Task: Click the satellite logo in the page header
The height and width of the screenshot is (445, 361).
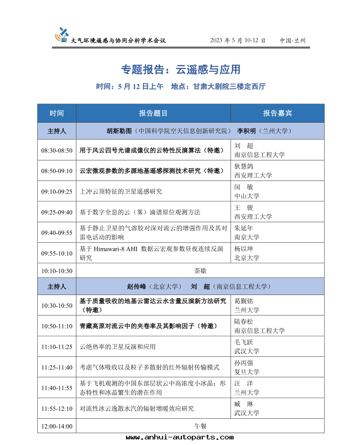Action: click(x=62, y=35)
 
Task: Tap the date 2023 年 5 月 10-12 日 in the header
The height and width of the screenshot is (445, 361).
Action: click(x=237, y=40)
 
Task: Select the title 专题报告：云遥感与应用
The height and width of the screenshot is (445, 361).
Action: click(x=180, y=70)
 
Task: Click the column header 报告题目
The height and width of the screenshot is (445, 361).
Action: click(x=153, y=113)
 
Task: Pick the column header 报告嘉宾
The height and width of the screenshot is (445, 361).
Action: click(x=277, y=113)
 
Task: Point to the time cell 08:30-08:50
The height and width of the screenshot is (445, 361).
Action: click(x=57, y=150)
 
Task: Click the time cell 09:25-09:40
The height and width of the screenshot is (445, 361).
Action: click(x=57, y=212)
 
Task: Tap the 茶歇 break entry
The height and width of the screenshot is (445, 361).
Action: click(x=200, y=271)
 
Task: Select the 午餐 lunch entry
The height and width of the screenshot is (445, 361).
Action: click(x=200, y=426)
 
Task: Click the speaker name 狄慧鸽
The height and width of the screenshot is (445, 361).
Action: click(x=244, y=166)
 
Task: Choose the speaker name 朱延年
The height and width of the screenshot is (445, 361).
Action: click(x=244, y=228)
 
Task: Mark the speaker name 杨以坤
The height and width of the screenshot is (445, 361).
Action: click(x=244, y=249)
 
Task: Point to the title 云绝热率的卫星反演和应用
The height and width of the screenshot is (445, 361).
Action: click(x=117, y=347)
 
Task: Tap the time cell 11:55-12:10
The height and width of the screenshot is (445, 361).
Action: click(x=57, y=409)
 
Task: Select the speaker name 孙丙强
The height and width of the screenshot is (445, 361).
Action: click(x=244, y=363)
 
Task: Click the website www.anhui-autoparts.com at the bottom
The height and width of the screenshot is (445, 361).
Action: click(x=180, y=437)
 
